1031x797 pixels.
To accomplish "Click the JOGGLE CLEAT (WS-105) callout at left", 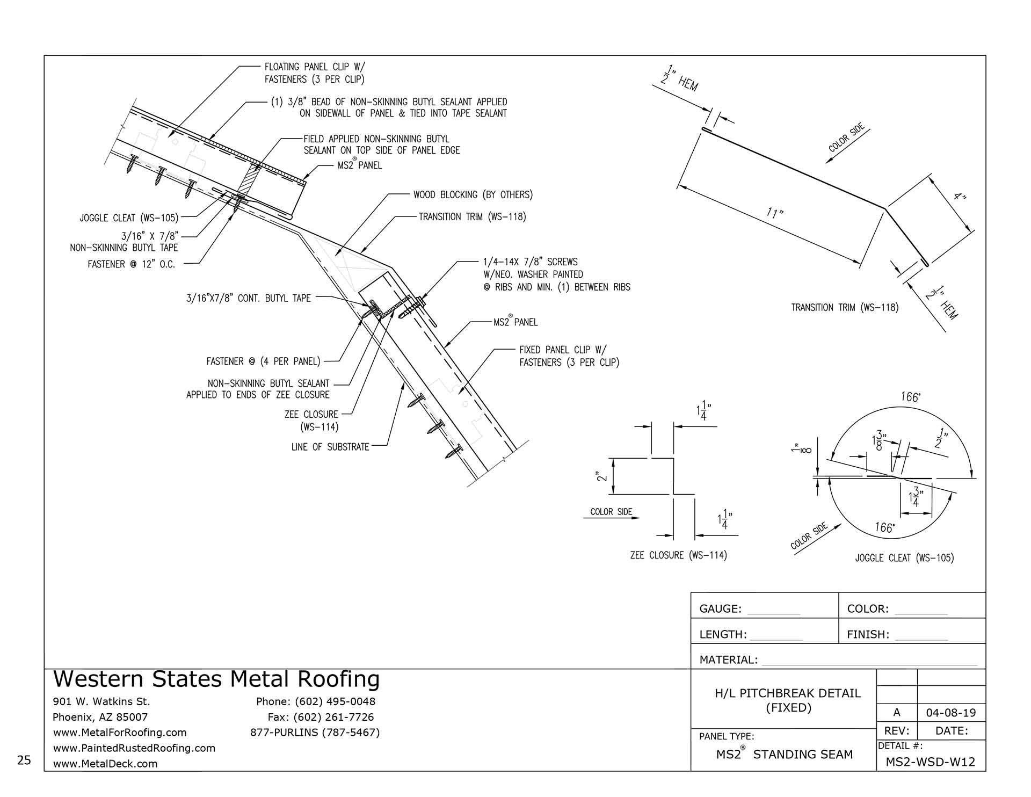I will click(129, 218).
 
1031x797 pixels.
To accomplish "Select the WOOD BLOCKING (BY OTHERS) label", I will click(473, 194).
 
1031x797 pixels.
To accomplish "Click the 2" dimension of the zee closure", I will click(602, 476).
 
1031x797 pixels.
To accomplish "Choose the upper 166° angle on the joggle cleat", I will click(910, 397).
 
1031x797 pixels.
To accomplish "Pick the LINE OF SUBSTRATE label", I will click(330, 447).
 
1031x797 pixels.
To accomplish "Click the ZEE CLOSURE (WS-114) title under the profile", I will click(678, 555).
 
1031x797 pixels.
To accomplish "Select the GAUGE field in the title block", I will click(749, 608).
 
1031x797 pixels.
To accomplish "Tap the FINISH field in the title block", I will click(897, 634).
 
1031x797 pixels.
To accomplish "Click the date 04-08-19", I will click(951, 713).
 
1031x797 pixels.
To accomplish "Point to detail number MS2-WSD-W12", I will click(931, 762).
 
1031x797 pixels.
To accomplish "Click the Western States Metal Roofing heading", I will click(216, 679).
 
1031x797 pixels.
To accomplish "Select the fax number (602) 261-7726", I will click(321, 717).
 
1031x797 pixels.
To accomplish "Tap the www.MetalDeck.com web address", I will click(105, 763).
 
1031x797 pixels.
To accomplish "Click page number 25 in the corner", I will click(24, 760).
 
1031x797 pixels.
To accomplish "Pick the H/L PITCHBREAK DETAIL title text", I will click(788, 693).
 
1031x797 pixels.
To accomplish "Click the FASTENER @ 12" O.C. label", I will click(132, 264).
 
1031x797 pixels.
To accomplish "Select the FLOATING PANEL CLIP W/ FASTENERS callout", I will click(315, 73).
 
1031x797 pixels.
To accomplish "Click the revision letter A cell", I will click(896, 713).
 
